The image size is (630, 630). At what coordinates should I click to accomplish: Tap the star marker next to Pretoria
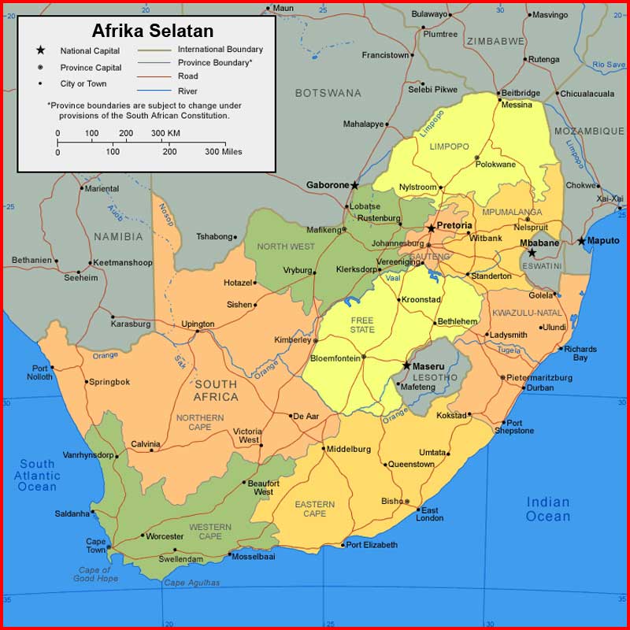tap(431, 228)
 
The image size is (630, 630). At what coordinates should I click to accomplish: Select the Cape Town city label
tap(96, 546)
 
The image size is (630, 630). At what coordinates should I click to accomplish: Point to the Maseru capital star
tap(406, 365)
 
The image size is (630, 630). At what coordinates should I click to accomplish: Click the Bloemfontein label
tap(335, 358)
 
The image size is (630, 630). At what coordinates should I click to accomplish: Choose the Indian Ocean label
tap(548, 509)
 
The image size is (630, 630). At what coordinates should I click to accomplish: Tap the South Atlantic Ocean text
tap(37, 476)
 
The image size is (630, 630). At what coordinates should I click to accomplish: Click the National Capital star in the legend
tap(39, 50)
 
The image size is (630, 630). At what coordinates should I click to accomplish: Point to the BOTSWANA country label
tap(328, 93)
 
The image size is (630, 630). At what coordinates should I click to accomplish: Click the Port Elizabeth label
tap(372, 545)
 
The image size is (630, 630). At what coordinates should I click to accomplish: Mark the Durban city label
tap(540, 387)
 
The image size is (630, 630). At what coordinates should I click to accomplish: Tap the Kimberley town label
tap(292, 339)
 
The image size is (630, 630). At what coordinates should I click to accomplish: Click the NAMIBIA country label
tap(118, 236)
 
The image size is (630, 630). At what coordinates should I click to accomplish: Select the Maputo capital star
tap(582, 241)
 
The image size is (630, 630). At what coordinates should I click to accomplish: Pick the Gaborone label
tap(327, 185)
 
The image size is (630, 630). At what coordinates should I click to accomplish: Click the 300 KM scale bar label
tap(165, 133)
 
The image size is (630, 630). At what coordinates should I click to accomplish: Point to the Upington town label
tap(198, 324)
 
